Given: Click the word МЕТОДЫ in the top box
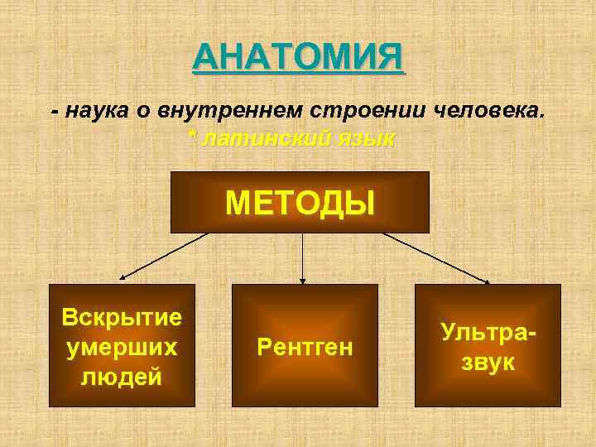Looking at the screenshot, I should (x=300, y=201).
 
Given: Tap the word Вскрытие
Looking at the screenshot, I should (x=123, y=318).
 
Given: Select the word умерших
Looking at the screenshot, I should (x=123, y=347).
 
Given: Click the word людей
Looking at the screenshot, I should (x=123, y=376).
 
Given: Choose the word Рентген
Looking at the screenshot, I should (x=305, y=347).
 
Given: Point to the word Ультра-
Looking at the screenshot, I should (x=488, y=332).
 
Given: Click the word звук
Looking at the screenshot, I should (x=488, y=362).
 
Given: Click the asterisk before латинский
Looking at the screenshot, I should (x=193, y=137).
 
